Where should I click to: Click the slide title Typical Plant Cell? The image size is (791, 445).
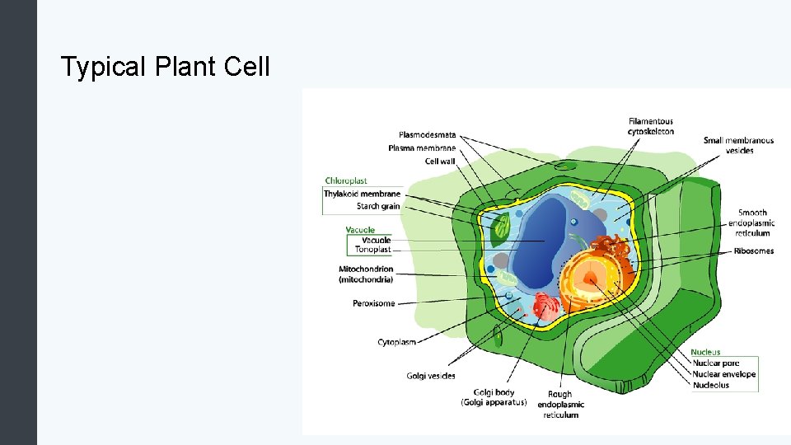165,67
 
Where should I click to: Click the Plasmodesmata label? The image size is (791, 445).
427,135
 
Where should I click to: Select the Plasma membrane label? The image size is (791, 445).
422,148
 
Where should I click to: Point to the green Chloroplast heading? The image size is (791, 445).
346,180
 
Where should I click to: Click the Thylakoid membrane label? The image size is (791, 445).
362,194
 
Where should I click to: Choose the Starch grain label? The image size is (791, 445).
378,206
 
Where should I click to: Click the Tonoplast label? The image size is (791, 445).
372,250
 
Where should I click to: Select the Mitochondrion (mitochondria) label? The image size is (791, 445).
366,274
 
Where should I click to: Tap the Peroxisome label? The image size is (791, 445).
373,303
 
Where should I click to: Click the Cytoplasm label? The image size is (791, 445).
396,341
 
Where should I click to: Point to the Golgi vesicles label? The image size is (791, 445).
430,376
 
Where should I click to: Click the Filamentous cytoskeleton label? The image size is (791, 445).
651,126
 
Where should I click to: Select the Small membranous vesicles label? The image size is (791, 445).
738,145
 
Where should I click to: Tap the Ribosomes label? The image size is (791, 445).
753,251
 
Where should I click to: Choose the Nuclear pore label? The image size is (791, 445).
714,363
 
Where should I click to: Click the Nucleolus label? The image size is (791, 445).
710,385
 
